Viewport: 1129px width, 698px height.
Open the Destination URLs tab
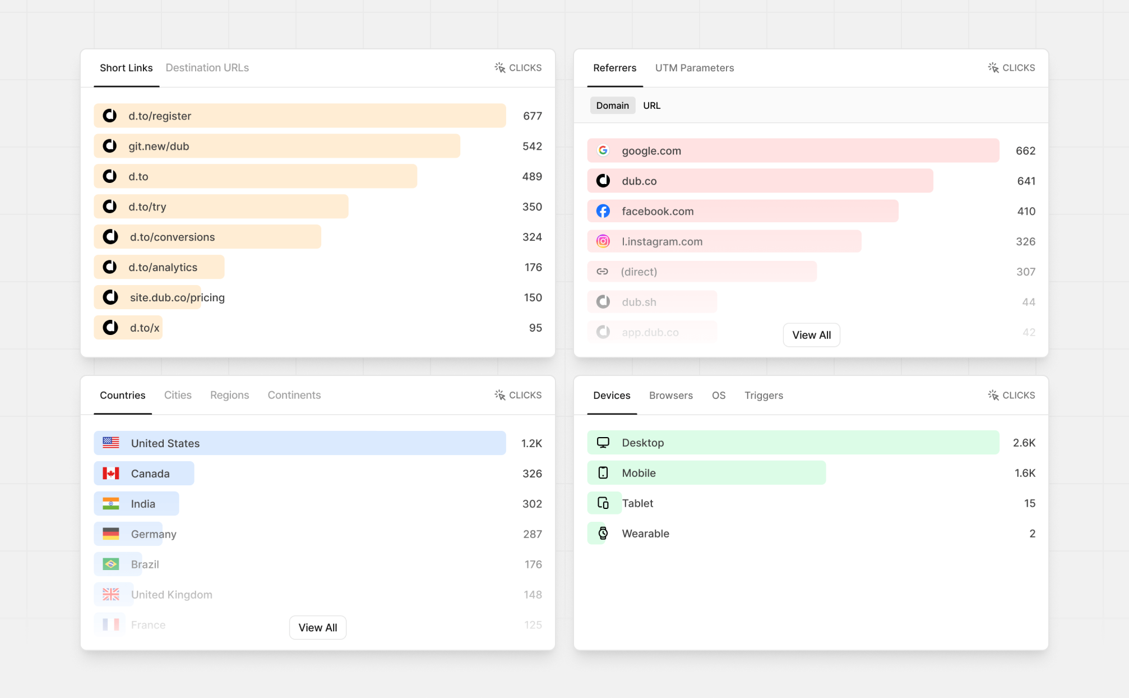click(x=207, y=68)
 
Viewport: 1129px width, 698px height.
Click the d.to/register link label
click(x=160, y=116)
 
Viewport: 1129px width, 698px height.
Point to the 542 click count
click(x=531, y=146)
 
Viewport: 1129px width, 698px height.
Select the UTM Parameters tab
click(x=694, y=68)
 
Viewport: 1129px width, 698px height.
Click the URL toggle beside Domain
click(x=651, y=105)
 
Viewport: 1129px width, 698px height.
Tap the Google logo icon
click(x=603, y=150)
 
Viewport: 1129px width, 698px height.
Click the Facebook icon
click(x=603, y=211)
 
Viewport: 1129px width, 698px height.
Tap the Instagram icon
click(x=603, y=241)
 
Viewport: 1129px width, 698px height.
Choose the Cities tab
click(x=178, y=395)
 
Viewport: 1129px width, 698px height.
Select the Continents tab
click(x=294, y=395)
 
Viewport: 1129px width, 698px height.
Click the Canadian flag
click(x=111, y=474)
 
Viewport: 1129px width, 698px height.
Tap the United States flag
click(x=111, y=443)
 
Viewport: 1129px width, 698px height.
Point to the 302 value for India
click(x=531, y=504)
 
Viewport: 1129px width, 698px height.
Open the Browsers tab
click(x=670, y=396)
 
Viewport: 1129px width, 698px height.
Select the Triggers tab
click(x=763, y=396)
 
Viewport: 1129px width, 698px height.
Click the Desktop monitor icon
click(x=603, y=443)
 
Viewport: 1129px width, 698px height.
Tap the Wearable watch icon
click(x=603, y=534)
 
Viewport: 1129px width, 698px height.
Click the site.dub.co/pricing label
click(x=177, y=298)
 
